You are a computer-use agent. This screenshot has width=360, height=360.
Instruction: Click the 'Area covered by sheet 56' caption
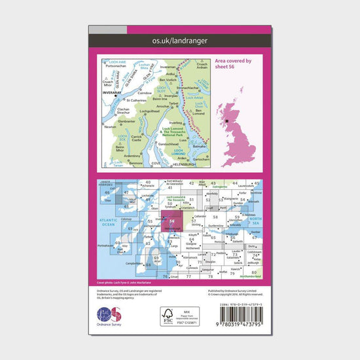(233, 63)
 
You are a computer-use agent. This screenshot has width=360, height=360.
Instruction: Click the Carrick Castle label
(137, 138)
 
